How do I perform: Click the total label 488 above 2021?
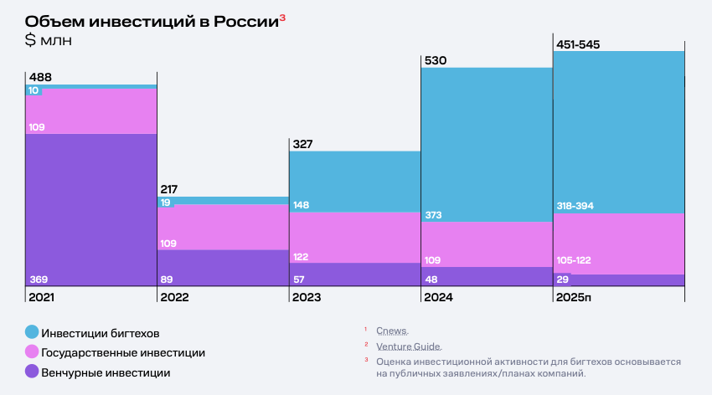[40, 78]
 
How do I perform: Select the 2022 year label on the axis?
[173, 297]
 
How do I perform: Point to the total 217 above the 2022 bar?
[169, 190]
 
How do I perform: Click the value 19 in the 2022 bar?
[166, 203]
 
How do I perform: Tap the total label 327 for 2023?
[302, 144]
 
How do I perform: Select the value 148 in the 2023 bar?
[302, 205]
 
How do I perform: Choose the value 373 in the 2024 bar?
[435, 215]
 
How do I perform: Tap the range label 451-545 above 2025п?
[580, 44]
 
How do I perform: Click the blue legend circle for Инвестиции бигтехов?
[32, 332]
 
